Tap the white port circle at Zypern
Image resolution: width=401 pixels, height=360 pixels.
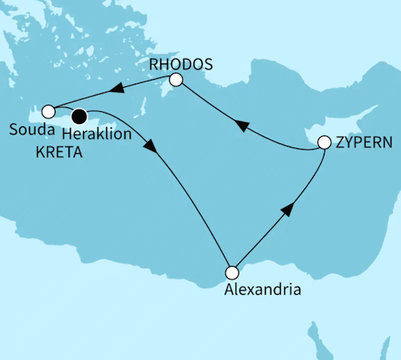(325, 143)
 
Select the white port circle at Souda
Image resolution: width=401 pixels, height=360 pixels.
(48, 111)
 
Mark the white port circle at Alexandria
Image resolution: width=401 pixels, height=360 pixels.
(232, 272)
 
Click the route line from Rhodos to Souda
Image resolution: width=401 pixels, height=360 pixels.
(145, 85)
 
